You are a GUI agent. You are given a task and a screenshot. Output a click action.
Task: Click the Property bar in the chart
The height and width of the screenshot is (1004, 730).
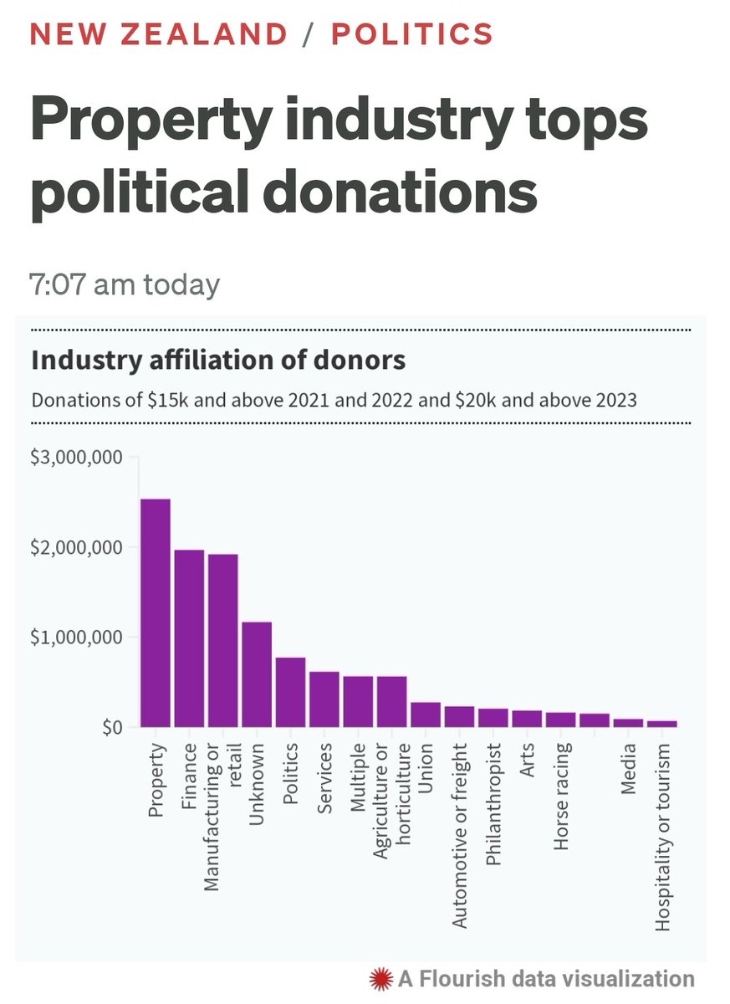(156, 612)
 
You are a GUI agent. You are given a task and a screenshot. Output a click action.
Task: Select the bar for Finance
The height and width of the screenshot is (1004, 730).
(189, 638)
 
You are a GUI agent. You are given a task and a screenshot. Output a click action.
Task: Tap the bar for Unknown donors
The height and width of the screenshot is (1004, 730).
(257, 674)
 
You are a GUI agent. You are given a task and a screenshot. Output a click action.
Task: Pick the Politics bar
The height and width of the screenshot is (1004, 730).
(290, 692)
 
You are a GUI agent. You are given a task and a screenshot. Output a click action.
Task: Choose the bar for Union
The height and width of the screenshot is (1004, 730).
(426, 715)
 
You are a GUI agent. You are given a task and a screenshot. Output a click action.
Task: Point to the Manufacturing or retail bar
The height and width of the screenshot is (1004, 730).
(223, 640)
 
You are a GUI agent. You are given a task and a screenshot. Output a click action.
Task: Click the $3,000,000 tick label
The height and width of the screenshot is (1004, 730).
(77, 458)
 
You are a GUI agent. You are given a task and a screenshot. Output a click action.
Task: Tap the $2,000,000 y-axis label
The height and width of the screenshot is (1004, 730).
(77, 547)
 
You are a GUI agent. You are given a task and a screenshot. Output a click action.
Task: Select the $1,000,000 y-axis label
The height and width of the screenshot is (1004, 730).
(77, 638)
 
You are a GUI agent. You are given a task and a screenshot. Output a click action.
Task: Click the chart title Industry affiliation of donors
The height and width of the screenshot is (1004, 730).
(218, 361)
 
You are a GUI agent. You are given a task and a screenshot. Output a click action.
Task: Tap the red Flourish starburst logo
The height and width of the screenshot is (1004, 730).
(381, 978)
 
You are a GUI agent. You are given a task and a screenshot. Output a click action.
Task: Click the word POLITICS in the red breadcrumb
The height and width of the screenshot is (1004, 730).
(411, 33)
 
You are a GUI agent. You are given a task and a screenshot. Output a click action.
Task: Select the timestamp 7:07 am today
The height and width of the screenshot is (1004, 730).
(125, 284)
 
